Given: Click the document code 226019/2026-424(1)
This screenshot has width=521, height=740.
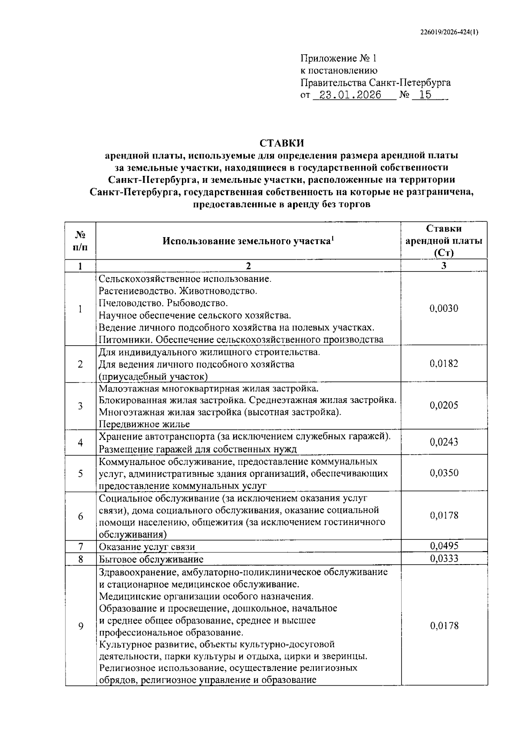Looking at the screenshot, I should (449, 32).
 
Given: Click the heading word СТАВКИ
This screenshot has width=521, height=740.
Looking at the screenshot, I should (282, 143).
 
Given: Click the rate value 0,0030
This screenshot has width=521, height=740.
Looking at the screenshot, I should (444, 309).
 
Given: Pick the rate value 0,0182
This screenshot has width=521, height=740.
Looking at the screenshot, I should (444, 364).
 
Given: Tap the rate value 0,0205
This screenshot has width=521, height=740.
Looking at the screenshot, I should (444, 406).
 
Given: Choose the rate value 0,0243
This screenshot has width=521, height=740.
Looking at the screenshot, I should (444, 442).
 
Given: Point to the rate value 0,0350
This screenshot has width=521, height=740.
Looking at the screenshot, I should (444, 473).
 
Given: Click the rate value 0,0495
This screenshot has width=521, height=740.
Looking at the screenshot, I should (444, 546).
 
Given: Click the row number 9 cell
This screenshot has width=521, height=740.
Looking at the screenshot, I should (80, 626).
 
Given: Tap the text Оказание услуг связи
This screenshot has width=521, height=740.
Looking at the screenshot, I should (147, 547).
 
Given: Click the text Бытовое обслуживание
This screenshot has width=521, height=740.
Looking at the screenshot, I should (151, 559).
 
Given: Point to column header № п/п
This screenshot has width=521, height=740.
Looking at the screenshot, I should (80, 241).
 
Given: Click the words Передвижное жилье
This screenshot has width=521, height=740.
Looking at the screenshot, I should (144, 424).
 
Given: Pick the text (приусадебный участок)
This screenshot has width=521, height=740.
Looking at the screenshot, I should (153, 376).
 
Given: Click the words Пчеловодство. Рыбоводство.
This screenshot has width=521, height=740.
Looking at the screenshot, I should (163, 303).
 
